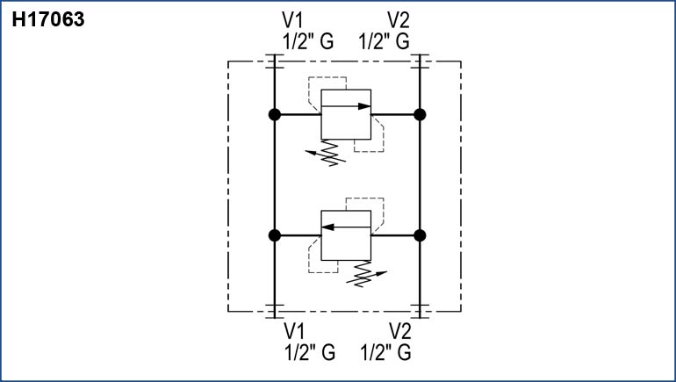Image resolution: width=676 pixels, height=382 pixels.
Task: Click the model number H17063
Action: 47,19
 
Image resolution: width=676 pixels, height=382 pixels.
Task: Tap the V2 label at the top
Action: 399,20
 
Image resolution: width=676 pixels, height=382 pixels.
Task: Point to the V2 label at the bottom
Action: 400,332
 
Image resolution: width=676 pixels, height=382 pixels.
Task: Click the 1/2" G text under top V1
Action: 307,40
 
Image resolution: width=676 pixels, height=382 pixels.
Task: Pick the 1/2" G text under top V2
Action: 385,40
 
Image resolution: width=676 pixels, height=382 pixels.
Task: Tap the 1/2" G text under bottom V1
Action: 309,353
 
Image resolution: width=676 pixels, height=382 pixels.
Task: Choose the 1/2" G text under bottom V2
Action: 386,353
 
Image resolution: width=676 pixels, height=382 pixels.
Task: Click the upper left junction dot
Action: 274,114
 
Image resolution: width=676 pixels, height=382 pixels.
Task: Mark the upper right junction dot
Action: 420,114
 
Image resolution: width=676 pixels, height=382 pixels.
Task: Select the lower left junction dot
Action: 274,235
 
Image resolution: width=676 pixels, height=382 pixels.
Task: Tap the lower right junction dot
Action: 420,235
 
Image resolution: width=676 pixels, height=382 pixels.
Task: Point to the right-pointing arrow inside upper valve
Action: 347,106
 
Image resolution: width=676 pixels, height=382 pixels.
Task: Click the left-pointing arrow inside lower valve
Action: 346,227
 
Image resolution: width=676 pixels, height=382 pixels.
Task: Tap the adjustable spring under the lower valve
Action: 360,275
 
